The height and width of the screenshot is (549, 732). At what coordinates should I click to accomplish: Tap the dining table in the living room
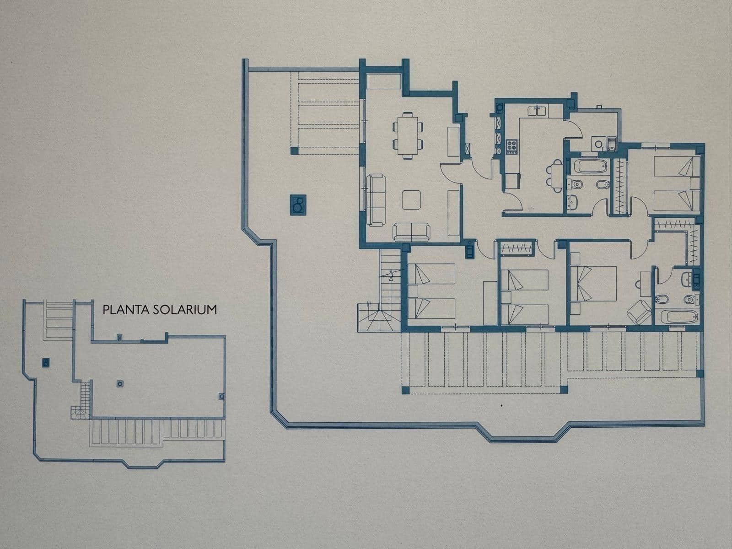click(407, 135)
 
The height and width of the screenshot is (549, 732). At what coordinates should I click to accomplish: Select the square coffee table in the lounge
click(411, 199)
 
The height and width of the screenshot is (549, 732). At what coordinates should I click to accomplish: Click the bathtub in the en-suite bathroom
click(678, 316)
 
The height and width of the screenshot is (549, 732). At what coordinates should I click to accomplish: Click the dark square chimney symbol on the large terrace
click(298, 205)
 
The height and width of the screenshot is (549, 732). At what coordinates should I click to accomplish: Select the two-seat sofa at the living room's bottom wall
click(411, 231)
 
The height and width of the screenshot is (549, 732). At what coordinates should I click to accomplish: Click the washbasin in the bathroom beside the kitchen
click(572, 200)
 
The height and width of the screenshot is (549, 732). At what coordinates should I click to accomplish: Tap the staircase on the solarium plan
click(83, 398)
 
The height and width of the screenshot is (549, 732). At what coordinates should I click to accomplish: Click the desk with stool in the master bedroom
click(645, 278)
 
